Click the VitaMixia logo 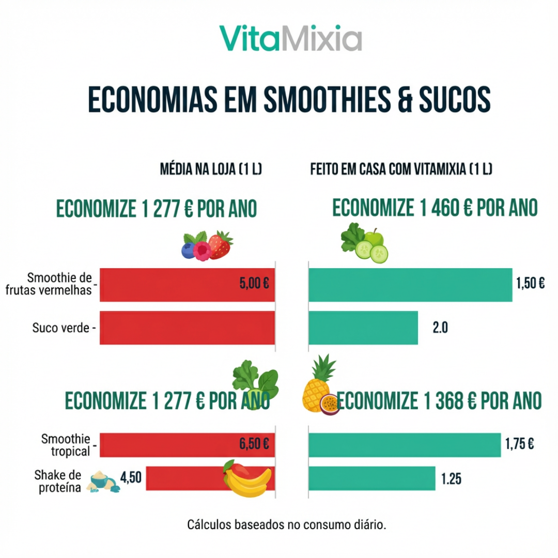(x=290, y=38)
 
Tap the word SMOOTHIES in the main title (x=327, y=100)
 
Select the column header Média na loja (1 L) (x=211, y=169)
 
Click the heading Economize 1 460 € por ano (x=435, y=208)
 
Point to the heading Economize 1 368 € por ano (x=439, y=401)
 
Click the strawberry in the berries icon (x=221, y=245)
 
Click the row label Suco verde (x=63, y=328)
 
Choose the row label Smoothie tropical (x=66, y=445)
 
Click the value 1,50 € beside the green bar (x=530, y=283)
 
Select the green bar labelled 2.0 (x=363, y=328)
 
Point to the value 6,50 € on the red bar (x=254, y=444)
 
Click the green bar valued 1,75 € (x=405, y=445)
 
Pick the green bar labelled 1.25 (x=372, y=478)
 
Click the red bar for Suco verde (x=187, y=328)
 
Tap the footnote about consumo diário (x=287, y=525)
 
